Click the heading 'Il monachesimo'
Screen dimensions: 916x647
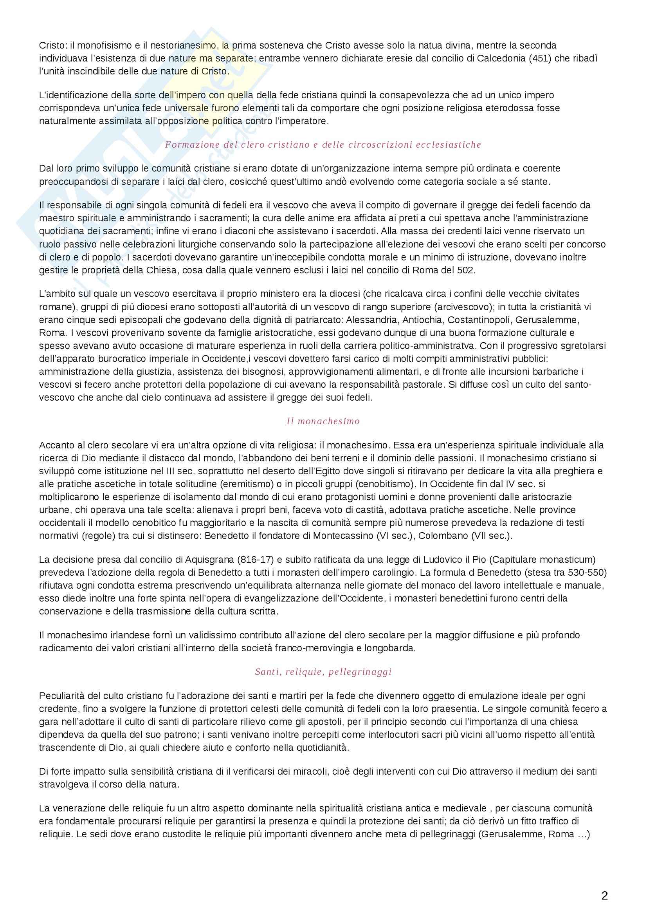[323, 421]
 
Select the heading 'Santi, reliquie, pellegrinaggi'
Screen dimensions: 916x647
[323, 672]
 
